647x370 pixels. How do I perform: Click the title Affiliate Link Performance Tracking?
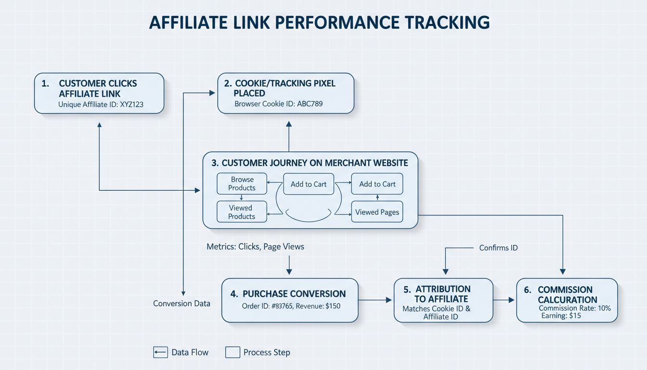point(319,23)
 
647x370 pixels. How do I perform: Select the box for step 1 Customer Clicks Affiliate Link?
point(99,93)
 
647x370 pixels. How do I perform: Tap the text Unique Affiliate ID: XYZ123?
point(101,104)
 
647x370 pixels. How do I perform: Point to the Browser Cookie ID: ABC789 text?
point(278,104)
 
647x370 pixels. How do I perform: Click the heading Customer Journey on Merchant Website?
point(310,163)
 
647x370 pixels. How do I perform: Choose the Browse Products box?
point(242,184)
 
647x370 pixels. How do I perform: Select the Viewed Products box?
point(241,212)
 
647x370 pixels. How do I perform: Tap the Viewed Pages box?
point(377,212)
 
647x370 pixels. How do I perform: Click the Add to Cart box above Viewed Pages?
point(377,184)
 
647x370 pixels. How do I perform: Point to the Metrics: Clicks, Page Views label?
point(255,247)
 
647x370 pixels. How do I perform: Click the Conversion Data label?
point(181,304)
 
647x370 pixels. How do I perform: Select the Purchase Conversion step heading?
point(294,294)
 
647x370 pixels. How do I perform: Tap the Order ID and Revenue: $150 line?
point(291,306)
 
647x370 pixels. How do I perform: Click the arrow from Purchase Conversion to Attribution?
point(375,300)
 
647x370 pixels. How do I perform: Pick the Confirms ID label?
point(498,248)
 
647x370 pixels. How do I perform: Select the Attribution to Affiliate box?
point(443,300)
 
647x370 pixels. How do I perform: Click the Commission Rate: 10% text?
point(574,308)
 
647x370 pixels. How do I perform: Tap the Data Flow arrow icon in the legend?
point(160,352)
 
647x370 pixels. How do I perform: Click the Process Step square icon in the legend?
point(233,352)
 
